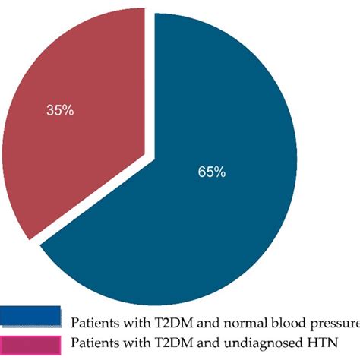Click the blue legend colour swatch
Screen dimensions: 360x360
(31, 316)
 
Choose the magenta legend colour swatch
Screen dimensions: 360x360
(31, 344)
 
